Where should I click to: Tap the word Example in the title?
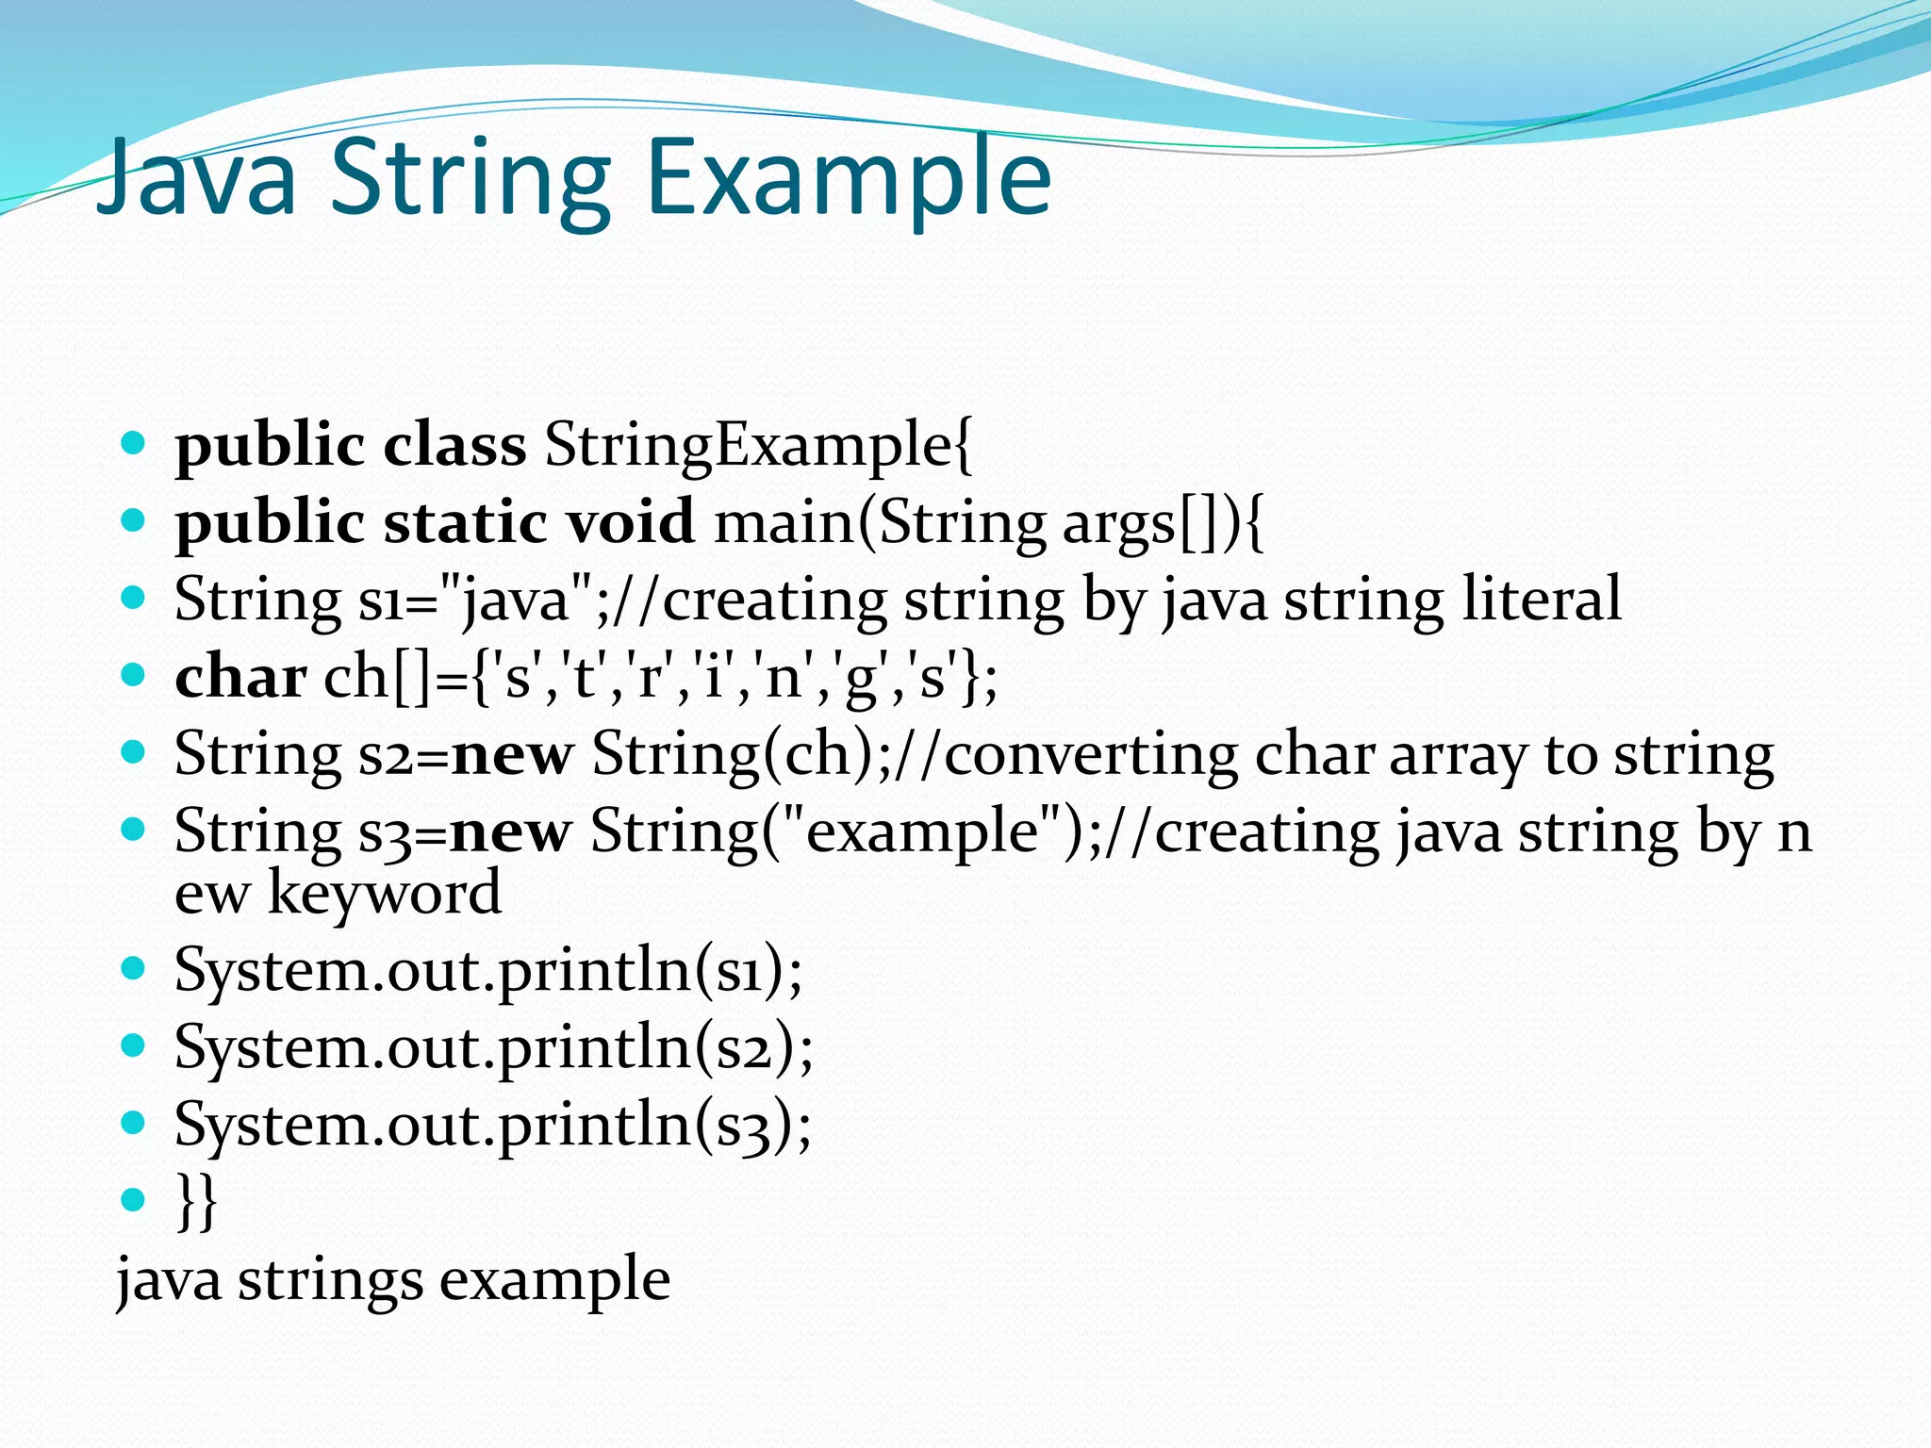point(849,179)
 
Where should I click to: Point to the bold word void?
point(629,522)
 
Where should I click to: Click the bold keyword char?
point(240,677)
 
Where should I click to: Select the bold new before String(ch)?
point(512,754)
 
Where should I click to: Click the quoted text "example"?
point(921,831)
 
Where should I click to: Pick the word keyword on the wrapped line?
point(385,893)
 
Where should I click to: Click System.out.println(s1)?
point(488,970)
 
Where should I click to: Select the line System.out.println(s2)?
point(493,1047)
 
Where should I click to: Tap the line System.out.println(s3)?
point(492,1125)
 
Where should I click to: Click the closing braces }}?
point(196,1201)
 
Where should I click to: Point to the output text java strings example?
point(393,1279)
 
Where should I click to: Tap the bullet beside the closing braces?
point(133,1199)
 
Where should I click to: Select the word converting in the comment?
point(1090,754)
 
